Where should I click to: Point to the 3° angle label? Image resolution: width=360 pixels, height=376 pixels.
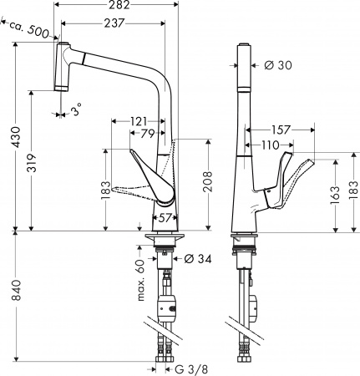point(77,111)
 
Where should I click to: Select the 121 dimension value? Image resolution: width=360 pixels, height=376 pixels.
point(141,122)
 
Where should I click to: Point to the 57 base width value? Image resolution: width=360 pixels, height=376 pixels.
point(165,218)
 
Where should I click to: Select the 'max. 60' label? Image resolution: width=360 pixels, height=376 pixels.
point(141,269)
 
